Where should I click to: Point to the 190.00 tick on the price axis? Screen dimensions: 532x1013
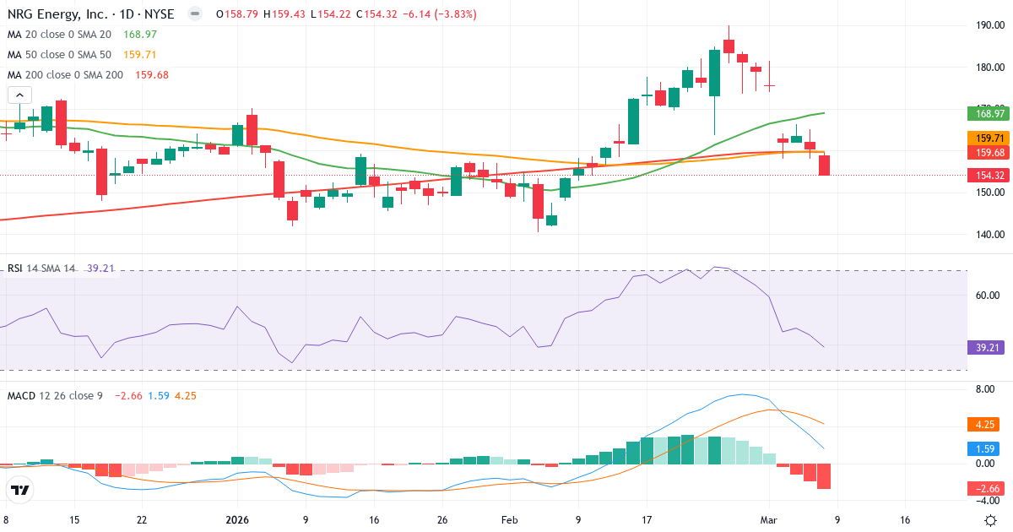(x=989, y=25)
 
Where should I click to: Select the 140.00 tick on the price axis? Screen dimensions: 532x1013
(x=989, y=235)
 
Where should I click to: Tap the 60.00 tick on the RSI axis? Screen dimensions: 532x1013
(x=989, y=296)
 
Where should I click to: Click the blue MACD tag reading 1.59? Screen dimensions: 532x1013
(x=984, y=448)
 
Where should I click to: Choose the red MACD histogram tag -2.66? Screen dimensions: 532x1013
(x=984, y=488)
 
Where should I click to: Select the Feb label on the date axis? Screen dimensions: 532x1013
(x=511, y=520)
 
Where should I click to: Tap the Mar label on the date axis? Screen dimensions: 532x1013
(x=769, y=520)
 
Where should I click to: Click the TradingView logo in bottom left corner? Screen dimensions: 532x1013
(x=20, y=490)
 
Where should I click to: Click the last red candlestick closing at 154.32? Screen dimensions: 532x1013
(x=824, y=166)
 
